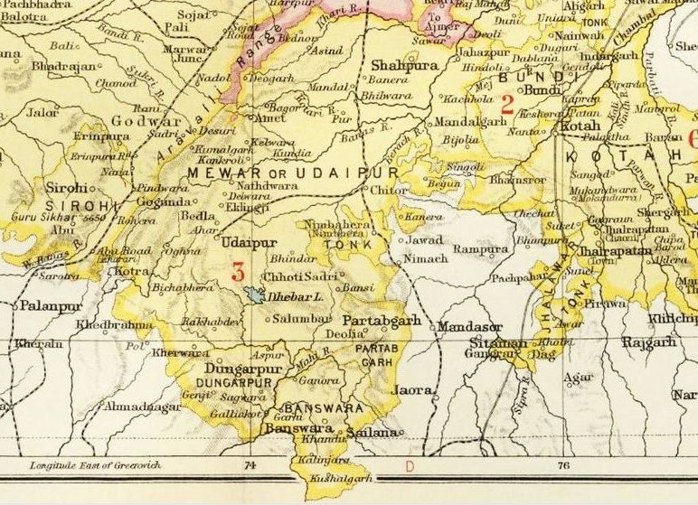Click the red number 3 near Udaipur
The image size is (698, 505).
(239, 269)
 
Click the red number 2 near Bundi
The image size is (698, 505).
(507, 104)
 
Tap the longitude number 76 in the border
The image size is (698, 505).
(563, 466)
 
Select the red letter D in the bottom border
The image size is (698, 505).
(409, 466)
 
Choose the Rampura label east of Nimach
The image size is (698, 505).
(480, 248)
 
